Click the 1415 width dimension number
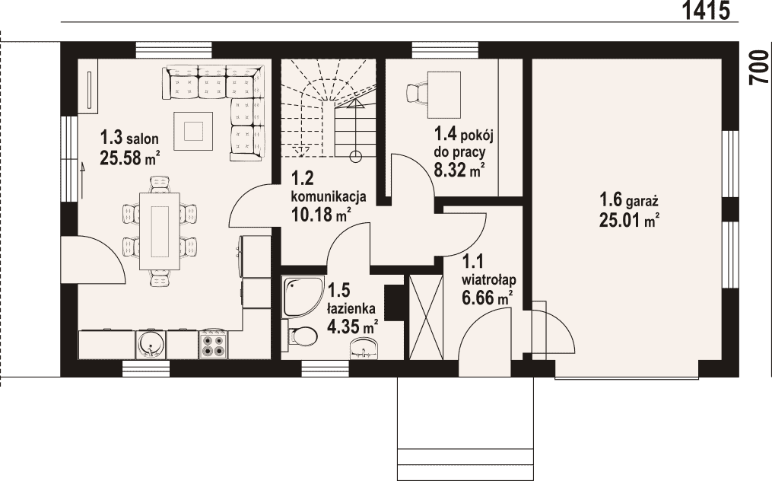tap(706, 11)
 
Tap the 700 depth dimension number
tap(760, 68)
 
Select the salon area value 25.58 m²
tap(130, 158)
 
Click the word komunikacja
tap(329, 196)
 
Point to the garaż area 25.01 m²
tap(629, 220)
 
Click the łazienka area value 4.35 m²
tap(353, 326)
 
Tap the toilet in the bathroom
tap(300, 336)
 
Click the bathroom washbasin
tap(364, 349)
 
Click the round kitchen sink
tap(151, 344)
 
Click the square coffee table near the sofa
tap(193, 131)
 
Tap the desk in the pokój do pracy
tap(444, 94)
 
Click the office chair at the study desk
tap(417, 94)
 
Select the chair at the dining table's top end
tap(160, 184)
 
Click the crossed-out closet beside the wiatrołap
tap(426, 317)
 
